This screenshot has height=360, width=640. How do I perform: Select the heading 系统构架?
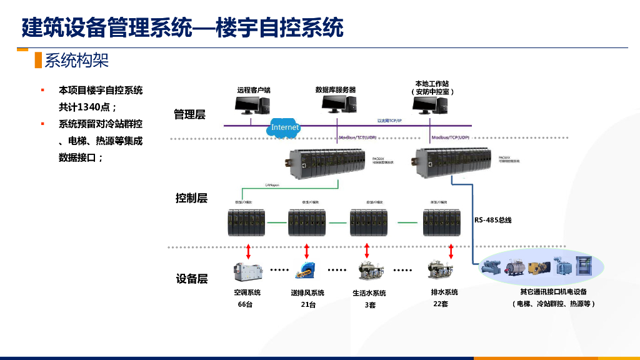coord(76,61)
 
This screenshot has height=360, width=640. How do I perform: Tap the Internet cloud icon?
coord(285,127)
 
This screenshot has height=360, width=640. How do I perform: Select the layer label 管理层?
coord(189,114)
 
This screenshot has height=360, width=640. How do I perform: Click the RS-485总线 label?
coord(493,220)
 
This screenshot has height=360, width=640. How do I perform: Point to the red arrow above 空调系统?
coord(248,251)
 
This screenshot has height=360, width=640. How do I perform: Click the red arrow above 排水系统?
coord(451,251)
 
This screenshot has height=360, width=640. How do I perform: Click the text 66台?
coord(245,304)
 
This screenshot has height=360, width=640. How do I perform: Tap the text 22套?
coord(441,304)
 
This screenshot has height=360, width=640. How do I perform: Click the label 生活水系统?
coord(369,293)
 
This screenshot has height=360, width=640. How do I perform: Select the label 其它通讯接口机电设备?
coord(553,291)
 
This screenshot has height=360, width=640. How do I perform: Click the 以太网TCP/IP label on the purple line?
coord(390,121)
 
